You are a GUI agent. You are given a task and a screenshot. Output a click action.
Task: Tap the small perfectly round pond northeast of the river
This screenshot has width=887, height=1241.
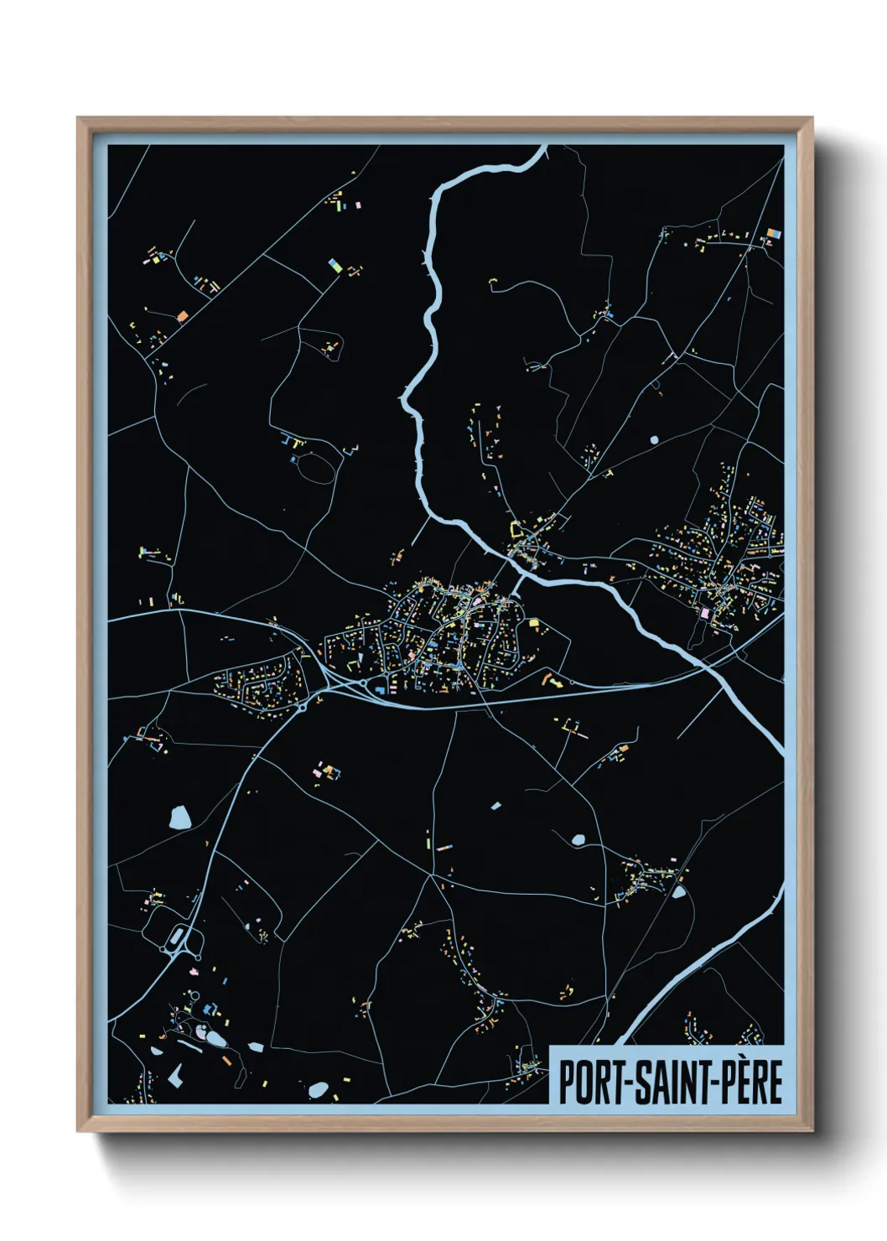click(x=654, y=439)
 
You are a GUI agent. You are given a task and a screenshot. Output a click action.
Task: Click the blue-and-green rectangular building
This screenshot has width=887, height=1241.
click(x=335, y=266)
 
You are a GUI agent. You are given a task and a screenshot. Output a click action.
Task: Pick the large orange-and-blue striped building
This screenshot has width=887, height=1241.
click(x=773, y=234)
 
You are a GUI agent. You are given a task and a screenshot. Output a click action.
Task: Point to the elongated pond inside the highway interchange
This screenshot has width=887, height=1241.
click(x=179, y=936)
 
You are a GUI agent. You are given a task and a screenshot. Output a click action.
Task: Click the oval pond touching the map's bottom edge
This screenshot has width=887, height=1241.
click(x=318, y=1090)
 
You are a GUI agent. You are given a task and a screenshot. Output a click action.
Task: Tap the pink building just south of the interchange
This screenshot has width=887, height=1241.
click(x=194, y=971)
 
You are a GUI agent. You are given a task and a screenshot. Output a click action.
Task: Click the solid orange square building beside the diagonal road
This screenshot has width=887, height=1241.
click(x=183, y=316)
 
